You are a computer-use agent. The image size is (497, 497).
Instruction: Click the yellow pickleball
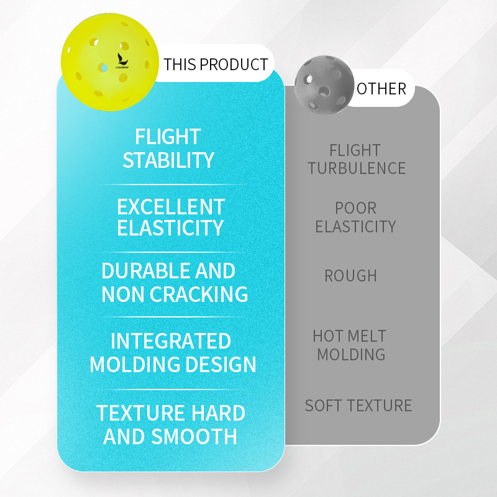110,62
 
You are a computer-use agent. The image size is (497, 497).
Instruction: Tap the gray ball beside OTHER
324,85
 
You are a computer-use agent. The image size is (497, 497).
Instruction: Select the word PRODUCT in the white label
234,65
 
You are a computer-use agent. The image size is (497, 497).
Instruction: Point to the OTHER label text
381,89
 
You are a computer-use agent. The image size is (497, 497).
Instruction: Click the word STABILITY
168,160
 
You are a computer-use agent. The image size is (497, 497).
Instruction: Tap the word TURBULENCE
357,168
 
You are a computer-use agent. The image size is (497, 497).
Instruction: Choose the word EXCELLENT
171,207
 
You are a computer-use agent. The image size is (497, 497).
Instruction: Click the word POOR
355,208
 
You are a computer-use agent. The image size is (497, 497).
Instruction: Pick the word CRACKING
199,294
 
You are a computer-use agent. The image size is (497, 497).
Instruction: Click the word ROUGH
350,276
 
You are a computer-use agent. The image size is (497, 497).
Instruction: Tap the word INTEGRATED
171,341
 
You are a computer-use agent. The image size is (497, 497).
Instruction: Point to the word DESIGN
221,365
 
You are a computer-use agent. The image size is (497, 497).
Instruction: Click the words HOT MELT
349,336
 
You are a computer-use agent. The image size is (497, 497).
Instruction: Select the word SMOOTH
194,437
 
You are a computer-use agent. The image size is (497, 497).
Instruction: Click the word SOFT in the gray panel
324,406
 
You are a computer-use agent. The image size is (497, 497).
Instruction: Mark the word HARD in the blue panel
218,413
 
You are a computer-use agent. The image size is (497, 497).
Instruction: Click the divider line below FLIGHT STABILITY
171,185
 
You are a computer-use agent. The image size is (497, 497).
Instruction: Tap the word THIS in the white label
180,65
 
